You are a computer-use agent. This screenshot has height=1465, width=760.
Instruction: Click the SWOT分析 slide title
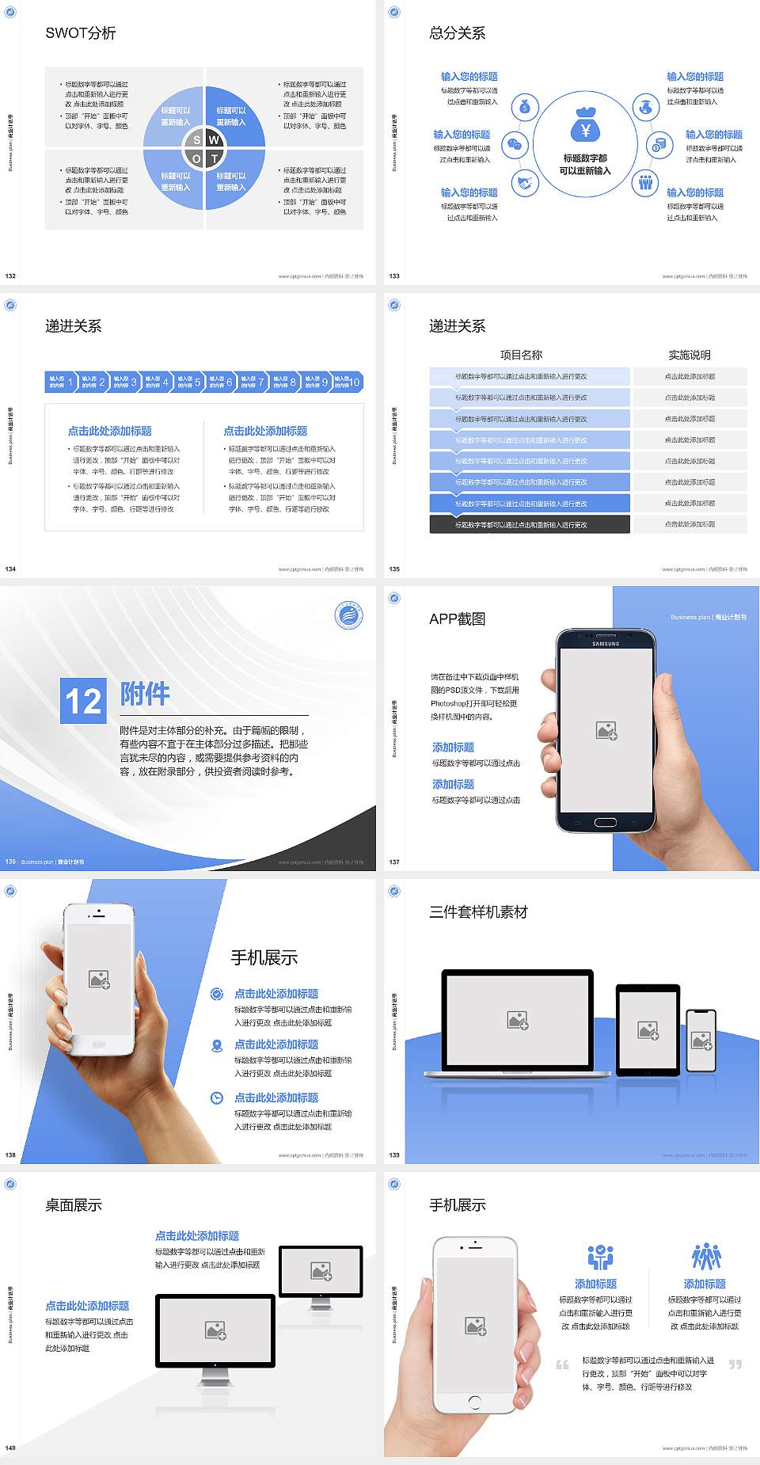coord(81,33)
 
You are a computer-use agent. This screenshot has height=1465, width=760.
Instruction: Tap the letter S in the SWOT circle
coord(197,140)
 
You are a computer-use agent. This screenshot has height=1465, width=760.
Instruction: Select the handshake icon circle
coord(524,184)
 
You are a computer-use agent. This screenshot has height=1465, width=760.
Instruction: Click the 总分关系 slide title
coord(457,33)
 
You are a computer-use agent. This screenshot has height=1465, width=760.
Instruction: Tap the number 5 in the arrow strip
coord(198,382)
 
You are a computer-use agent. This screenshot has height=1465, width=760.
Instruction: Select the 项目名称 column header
coord(521,355)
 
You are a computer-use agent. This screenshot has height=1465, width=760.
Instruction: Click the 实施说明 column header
coord(690,355)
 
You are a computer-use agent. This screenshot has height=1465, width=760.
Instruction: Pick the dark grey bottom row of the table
coord(530,524)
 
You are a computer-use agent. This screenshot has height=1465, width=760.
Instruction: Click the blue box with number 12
coord(83,701)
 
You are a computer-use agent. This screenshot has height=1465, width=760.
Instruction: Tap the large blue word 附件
coord(145,694)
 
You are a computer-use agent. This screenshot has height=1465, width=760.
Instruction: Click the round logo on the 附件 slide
coord(348,615)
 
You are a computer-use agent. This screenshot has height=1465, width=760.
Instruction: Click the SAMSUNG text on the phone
coord(606,644)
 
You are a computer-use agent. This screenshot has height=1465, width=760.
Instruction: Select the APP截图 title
coord(457,619)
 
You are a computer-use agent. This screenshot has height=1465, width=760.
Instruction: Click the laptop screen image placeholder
coord(518,1020)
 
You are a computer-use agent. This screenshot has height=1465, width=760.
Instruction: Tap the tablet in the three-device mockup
coord(648,1029)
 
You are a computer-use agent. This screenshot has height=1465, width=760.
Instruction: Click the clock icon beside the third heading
coord(217,1098)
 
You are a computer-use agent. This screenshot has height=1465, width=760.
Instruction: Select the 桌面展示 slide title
coord(74,1205)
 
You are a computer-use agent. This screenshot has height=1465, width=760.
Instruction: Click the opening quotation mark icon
coord(562,1364)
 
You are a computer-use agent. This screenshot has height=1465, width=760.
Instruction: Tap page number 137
coord(394,862)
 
